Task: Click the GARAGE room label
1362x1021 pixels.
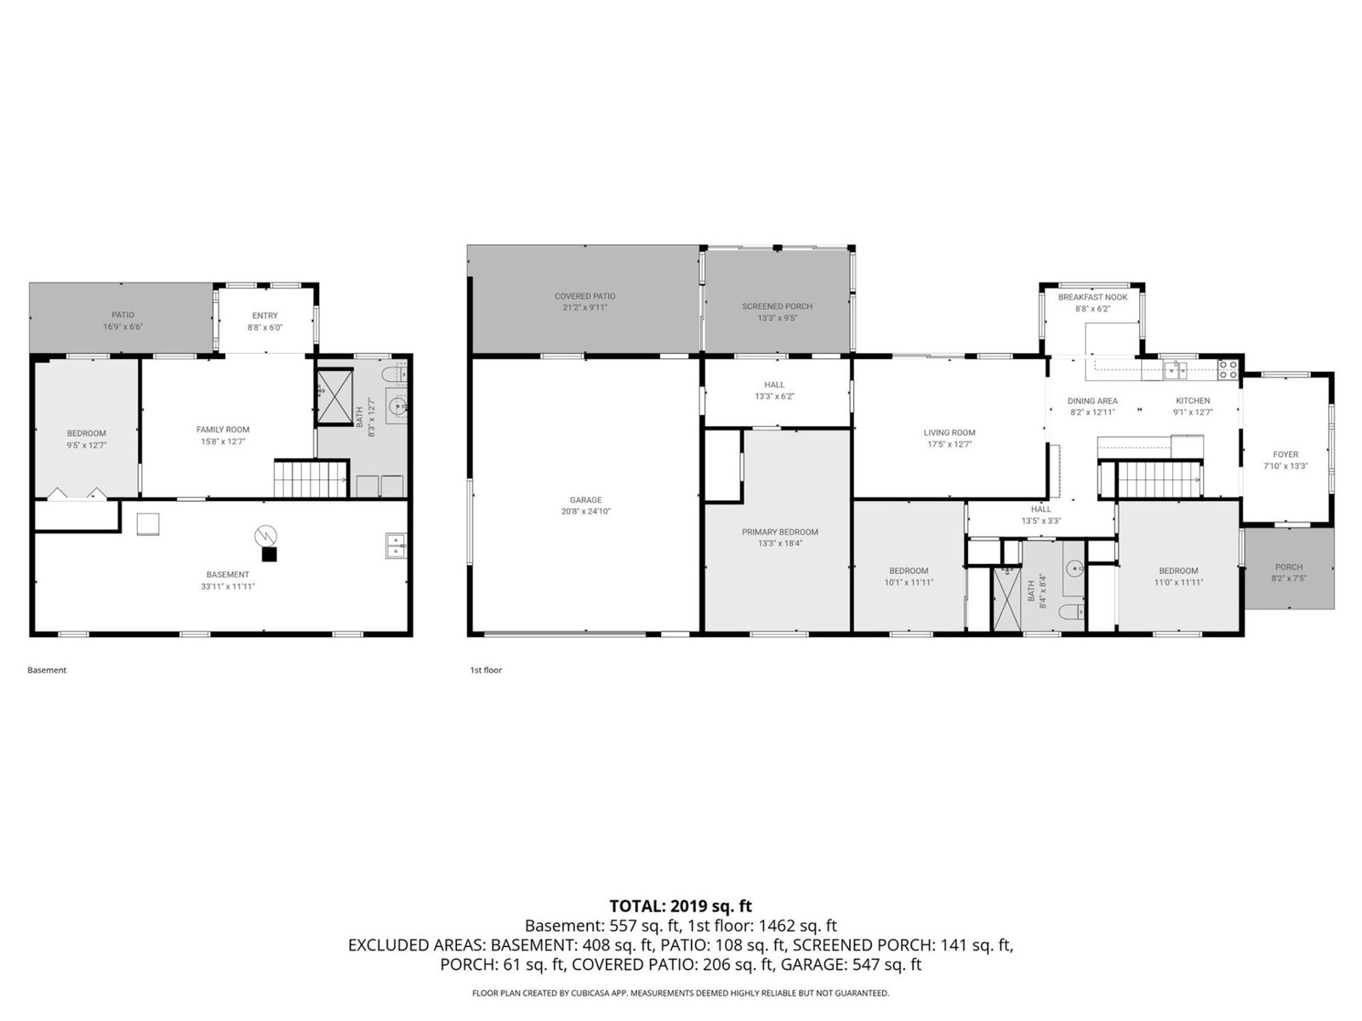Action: point(585,500)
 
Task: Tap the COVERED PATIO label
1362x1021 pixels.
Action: point(584,296)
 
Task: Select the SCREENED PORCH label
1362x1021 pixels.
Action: point(777,306)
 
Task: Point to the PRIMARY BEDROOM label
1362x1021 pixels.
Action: point(779,533)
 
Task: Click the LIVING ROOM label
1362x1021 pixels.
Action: point(949,433)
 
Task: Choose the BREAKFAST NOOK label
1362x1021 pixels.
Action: point(1092,298)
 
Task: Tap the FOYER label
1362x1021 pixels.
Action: point(1285,454)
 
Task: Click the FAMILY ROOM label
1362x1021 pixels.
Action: point(223,430)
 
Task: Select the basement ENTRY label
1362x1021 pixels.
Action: point(265,316)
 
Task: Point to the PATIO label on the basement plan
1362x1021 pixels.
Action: point(123,315)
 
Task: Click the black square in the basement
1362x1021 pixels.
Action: point(269,555)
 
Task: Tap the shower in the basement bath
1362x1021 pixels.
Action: point(335,396)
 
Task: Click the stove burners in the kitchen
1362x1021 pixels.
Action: point(1228,370)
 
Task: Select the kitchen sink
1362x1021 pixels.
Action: point(1175,371)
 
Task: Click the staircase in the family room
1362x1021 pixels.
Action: point(311,479)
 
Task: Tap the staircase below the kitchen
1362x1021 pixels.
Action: point(1159,480)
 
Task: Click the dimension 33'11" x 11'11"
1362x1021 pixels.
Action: point(228,586)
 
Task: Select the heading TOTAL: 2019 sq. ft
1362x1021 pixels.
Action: point(681,906)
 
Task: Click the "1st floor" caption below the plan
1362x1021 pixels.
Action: point(486,670)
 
